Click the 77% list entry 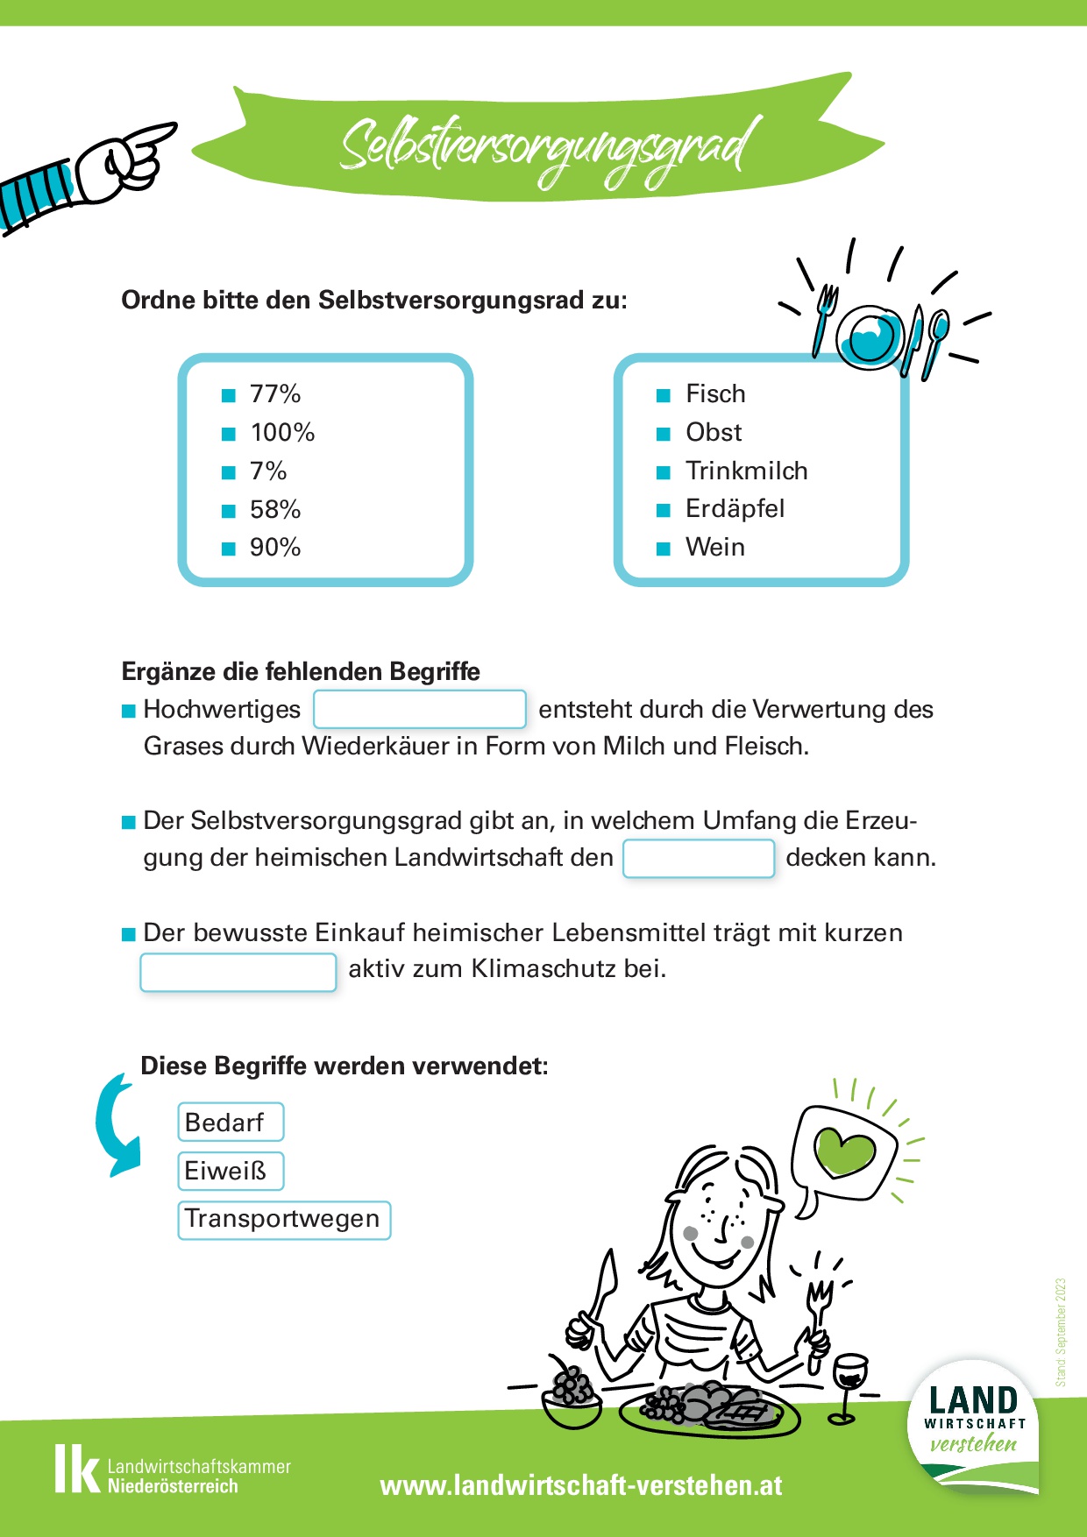click(274, 394)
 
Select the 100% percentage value click(281, 433)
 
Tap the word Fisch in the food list click(715, 394)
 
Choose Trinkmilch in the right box click(746, 471)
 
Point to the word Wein click(714, 548)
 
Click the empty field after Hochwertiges click(420, 710)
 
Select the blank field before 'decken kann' click(699, 858)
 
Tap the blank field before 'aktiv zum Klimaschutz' click(238, 972)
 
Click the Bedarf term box click(231, 1123)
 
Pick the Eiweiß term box click(231, 1171)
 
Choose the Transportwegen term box click(284, 1220)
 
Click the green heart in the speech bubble click(844, 1151)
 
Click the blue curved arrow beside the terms click(117, 1126)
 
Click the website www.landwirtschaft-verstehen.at click(581, 1485)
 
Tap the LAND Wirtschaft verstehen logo click(973, 1424)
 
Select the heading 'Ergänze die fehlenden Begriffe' click(301, 672)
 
